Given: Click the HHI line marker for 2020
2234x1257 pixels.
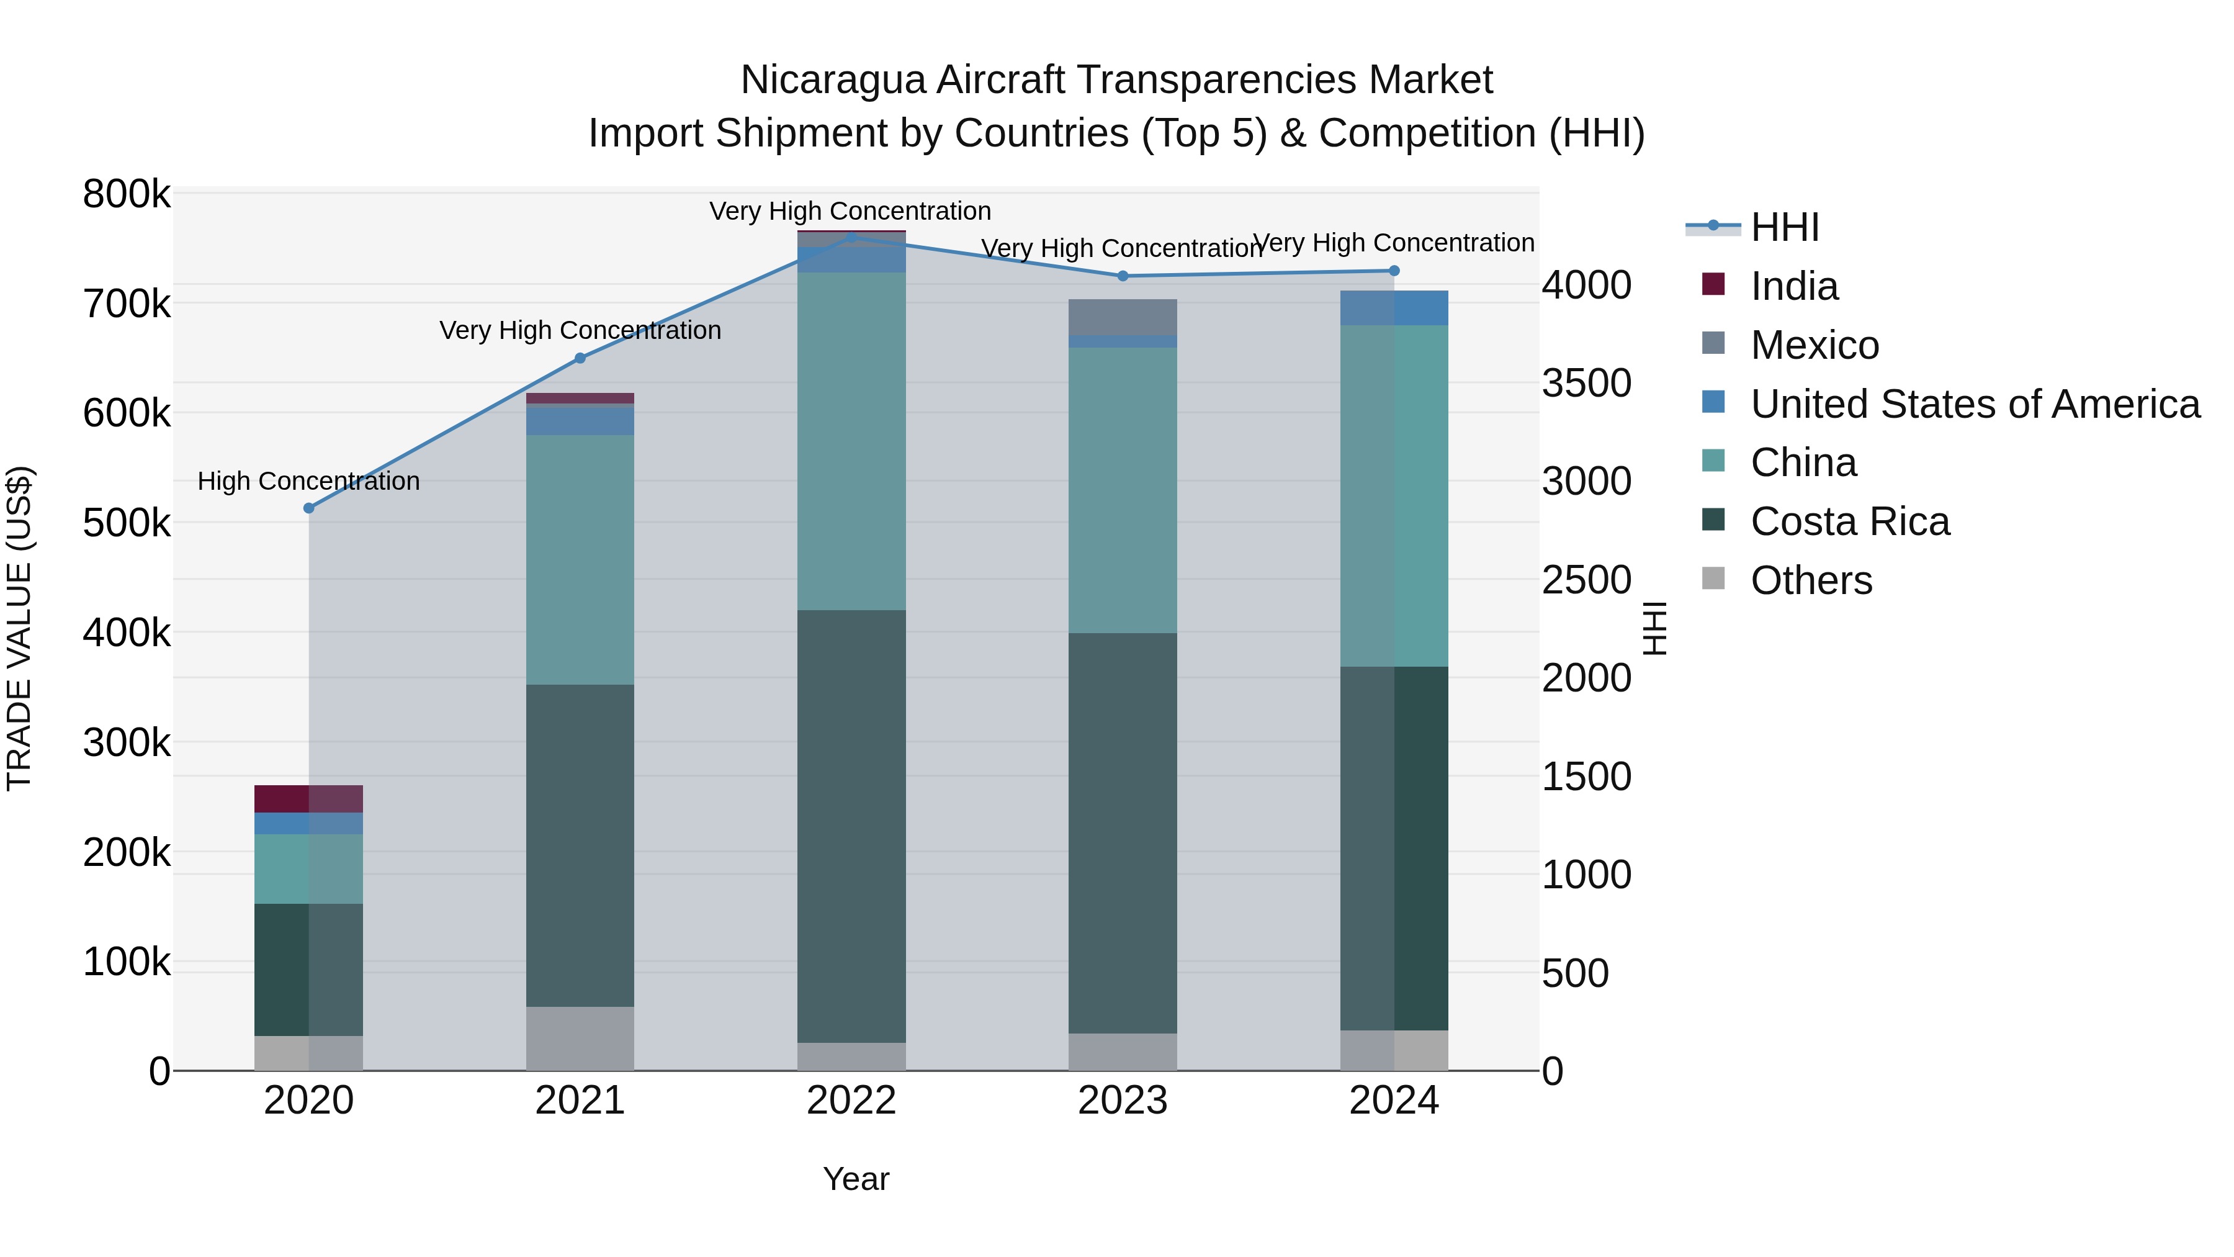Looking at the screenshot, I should click(x=309, y=508).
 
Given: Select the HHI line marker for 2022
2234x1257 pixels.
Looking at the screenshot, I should click(x=851, y=238).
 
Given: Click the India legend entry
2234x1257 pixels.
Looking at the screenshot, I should click(x=1793, y=286).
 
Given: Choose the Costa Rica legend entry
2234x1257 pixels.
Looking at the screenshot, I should click(x=1849, y=521).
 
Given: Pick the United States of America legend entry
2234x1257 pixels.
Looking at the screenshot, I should click(x=1975, y=404).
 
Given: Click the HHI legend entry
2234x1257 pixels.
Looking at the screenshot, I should click(x=1784, y=227).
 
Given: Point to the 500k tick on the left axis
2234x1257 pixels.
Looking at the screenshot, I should click(x=127, y=523).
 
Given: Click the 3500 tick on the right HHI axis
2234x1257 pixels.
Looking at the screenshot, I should click(x=1586, y=384).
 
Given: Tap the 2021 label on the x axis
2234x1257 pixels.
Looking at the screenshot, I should click(x=580, y=1101).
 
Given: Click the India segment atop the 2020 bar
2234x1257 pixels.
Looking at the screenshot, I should click(x=309, y=799).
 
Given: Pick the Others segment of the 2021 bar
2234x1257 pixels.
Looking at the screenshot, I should click(x=580, y=1038).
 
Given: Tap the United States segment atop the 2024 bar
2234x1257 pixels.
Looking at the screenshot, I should click(x=1394, y=308).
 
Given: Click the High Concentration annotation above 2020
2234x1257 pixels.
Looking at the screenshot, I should click(x=309, y=482).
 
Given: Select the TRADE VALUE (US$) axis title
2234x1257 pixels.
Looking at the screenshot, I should click(x=19, y=628).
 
